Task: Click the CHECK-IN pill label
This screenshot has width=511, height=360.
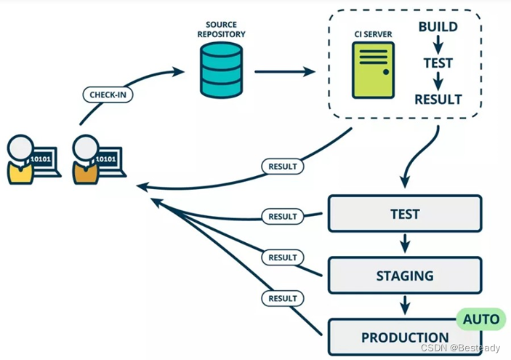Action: (x=108, y=95)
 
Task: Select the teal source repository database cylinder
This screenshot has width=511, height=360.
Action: (x=221, y=70)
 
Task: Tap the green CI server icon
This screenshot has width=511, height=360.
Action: (x=373, y=70)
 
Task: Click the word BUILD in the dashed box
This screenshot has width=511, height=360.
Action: (x=438, y=27)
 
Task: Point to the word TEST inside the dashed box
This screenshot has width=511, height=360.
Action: (x=438, y=63)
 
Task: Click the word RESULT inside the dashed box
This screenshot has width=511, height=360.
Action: (x=438, y=100)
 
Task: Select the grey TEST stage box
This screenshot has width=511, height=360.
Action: (x=405, y=214)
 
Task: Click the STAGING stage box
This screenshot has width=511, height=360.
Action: (x=405, y=276)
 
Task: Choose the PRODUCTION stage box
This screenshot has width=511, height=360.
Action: (x=405, y=337)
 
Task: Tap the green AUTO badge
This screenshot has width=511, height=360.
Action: (x=481, y=319)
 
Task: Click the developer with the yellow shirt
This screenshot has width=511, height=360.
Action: (x=33, y=159)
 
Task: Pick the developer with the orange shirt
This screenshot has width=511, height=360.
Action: (x=98, y=159)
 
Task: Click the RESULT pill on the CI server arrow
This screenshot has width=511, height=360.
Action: (x=283, y=167)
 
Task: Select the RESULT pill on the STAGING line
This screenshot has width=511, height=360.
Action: (x=283, y=257)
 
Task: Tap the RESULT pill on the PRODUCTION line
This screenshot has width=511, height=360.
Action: (x=283, y=298)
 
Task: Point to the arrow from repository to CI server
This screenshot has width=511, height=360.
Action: (x=285, y=71)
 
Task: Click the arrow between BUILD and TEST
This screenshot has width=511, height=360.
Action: (x=438, y=44)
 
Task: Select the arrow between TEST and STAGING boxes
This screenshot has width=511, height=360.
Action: (x=405, y=244)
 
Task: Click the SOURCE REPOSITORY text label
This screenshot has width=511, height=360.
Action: (x=221, y=29)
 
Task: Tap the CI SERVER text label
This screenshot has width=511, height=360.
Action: (x=373, y=34)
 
